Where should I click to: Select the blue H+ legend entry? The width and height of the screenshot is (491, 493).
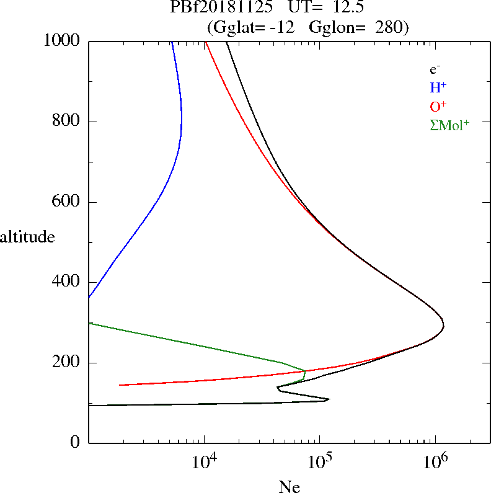click(x=438, y=88)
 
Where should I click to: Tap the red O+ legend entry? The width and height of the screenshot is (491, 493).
click(x=438, y=107)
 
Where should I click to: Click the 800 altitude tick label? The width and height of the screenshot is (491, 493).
click(x=67, y=122)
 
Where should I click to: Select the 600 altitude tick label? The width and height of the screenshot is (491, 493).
click(x=67, y=202)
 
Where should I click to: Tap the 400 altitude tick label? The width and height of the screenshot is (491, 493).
click(x=67, y=282)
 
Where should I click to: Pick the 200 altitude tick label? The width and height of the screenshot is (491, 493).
click(x=67, y=363)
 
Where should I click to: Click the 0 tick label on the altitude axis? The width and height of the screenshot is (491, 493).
click(x=76, y=443)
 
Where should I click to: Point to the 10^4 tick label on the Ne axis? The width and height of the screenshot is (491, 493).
click(x=204, y=462)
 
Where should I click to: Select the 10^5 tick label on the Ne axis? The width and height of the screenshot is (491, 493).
click(x=319, y=462)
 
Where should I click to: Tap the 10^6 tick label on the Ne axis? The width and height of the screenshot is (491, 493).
click(x=435, y=462)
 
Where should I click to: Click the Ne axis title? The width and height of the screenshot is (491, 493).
click(x=290, y=487)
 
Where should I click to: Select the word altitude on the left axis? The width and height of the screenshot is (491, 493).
click(x=27, y=237)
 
